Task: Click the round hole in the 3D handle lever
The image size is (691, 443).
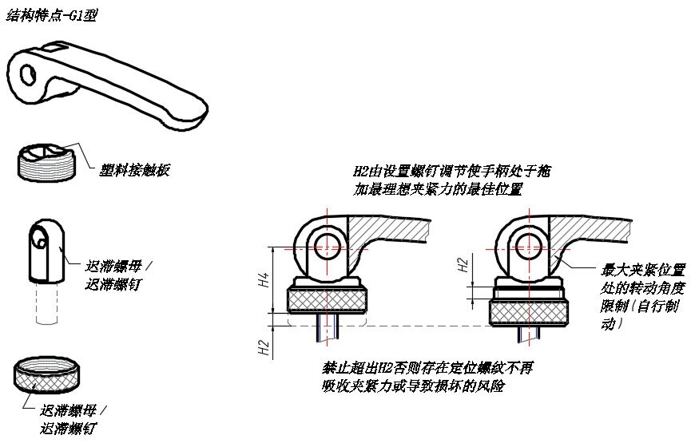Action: coord(30,75)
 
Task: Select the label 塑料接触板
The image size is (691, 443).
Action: coord(133,170)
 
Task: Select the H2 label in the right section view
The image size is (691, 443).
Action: coord(464,264)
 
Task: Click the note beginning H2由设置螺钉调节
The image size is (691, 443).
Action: coord(452,180)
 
